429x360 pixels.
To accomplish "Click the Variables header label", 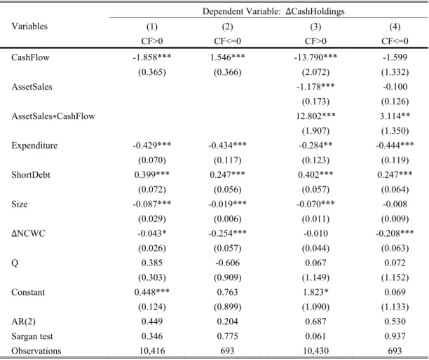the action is (x=29, y=26).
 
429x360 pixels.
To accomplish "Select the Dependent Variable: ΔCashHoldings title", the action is (x=273, y=11).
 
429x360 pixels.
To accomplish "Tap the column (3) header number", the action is (x=315, y=27).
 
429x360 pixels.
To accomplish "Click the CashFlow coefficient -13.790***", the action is (x=315, y=57).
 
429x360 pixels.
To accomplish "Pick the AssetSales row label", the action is (x=32, y=87).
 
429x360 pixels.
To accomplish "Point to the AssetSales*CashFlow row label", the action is (x=53, y=116).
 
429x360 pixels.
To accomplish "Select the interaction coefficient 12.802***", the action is (x=315, y=116).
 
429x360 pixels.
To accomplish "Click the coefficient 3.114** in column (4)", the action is (x=395, y=116).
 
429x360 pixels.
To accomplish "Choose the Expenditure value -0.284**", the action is (x=315, y=146).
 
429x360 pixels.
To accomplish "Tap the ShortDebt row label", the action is (x=31, y=175).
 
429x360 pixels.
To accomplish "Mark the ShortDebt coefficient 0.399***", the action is (x=152, y=175).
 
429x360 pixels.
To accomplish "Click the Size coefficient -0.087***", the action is (x=152, y=205).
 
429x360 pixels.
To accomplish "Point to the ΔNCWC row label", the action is (x=28, y=233).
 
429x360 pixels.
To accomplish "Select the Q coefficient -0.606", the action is (x=227, y=263).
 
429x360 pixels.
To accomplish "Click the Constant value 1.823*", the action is (x=315, y=292).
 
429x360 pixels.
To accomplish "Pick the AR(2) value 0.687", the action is (x=315, y=321).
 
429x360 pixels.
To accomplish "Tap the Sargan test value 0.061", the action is (x=315, y=336).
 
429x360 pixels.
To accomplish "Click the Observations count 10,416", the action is (x=152, y=351).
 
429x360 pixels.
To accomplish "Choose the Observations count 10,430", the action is (x=315, y=351).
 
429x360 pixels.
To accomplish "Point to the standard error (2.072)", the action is (x=315, y=72).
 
